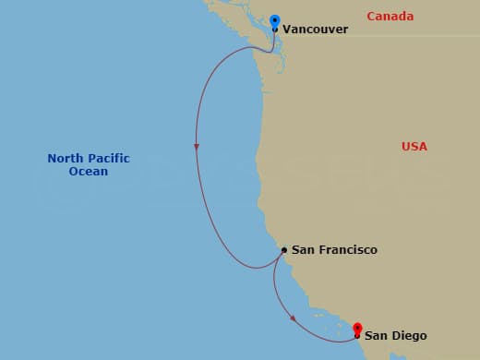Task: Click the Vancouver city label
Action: [x=315, y=30]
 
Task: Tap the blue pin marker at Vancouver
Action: [x=274, y=20]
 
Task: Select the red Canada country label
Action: [x=390, y=17]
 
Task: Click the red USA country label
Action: [x=414, y=147]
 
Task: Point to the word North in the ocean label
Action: [x=66, y=159]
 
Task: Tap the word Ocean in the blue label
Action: [x=89, y=172]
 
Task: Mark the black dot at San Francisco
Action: [x=284, y=249]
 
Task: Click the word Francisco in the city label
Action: [x=346, y=250]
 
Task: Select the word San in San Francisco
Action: [x=303, y=250]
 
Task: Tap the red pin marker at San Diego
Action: [x=357, y=329]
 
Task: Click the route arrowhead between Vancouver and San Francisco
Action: [x=197, y=147]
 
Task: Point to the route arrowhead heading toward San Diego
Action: [x=294, y=318]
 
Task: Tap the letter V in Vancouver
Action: [x=287, y=30]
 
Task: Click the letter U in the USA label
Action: [x=406, y=147]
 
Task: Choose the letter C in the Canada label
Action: [x=371, y=17]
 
